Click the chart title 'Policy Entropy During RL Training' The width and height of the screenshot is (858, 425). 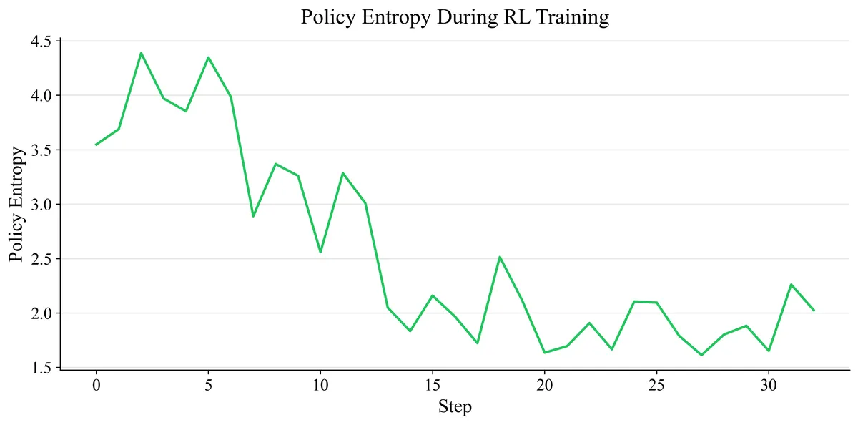[455, 17]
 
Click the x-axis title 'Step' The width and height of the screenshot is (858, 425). [455, 408]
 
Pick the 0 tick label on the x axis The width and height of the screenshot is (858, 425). [97, 386]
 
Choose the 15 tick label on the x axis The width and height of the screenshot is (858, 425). [433, 386]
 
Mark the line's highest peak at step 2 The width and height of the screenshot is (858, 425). [141, 53]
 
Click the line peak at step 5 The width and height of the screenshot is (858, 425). [208, 57]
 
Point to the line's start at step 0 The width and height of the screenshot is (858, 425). [97, 145]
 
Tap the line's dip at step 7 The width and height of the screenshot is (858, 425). [253, 216]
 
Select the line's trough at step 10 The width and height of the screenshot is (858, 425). [320, 252]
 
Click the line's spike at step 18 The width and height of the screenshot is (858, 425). [500, 257]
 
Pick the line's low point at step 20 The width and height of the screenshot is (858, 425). [544, 353]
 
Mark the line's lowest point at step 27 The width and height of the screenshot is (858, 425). [701, 355]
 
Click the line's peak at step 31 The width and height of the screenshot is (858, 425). [791, 285]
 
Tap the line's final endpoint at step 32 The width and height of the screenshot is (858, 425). [814, 310]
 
